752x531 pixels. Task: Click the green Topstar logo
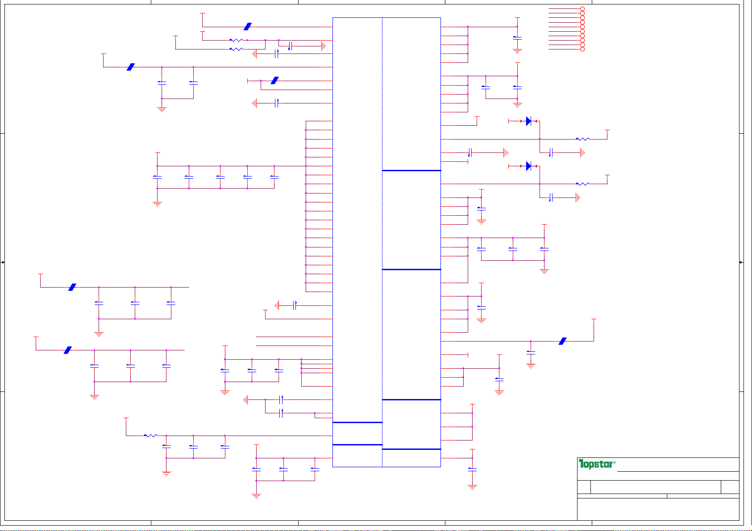coord(596,464)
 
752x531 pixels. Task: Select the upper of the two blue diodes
coord(528,121)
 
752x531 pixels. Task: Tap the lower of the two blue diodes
coord(528,166)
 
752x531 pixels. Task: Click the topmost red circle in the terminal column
coord(582,9)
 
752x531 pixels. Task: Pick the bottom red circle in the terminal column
coord(582,49)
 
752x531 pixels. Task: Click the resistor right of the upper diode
coord(582,139)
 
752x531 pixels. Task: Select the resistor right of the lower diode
coord(582,184)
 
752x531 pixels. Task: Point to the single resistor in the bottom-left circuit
coord(151,436)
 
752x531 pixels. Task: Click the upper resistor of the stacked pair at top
coord(236,40)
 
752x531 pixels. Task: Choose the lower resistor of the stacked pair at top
coord(236,49)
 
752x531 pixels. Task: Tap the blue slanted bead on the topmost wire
coord(248,27)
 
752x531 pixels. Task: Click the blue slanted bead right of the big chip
coord(563,341)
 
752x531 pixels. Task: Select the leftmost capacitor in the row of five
coord(157,177)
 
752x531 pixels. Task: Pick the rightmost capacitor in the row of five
coord(274,177)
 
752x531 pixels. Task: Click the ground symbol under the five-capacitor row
coord(157,204)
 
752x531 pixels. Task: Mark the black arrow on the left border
coord(3,262)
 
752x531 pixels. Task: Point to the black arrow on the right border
coord(741,262)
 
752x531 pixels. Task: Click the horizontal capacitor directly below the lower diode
coord(551,198)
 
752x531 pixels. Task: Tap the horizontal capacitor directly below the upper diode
coord(551,152)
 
